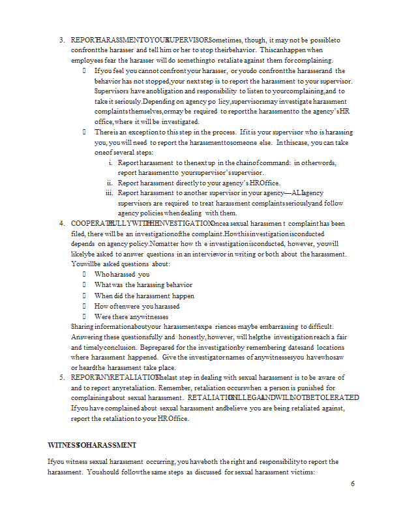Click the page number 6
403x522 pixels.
pos(353,484)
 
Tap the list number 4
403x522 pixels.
pos(61,223)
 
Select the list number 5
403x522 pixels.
pos(61,377)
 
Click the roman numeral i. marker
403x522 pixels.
pos(110,162)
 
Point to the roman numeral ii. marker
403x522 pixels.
pos(109,183)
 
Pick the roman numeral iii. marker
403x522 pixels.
pos(108,193)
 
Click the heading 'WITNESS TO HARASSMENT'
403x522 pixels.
pos(92,445)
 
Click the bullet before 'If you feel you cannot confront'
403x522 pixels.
pos(85,70)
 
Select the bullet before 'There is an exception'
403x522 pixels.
pos(85,132)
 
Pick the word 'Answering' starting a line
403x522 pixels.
pos(86,337)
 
